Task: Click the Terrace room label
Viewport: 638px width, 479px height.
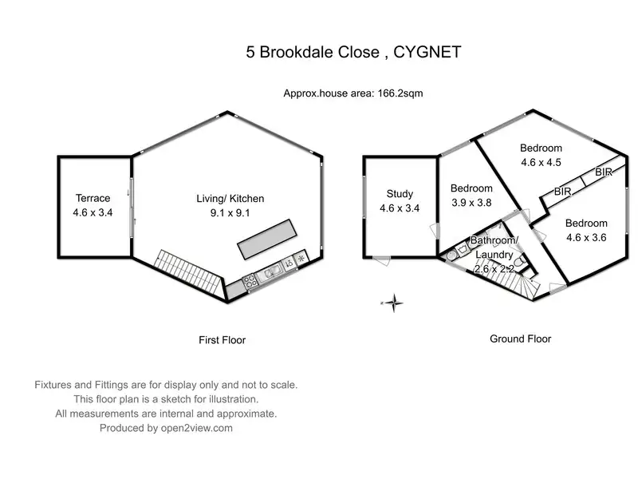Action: point(93,198)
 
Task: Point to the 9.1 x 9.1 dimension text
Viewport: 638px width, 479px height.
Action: point(230,213)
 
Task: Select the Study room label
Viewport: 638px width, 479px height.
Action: point(399,194)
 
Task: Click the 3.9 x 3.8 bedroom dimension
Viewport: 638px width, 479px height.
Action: point(471,202)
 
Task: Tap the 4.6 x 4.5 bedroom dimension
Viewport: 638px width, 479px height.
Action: point(541,162)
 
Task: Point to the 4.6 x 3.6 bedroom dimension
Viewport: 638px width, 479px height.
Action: point(586,237)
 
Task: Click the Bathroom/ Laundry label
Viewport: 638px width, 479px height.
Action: point(494,247)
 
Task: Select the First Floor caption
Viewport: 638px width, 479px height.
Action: point(222,340)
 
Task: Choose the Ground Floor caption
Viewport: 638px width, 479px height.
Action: point(520,338)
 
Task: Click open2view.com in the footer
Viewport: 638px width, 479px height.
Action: point(195,428)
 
